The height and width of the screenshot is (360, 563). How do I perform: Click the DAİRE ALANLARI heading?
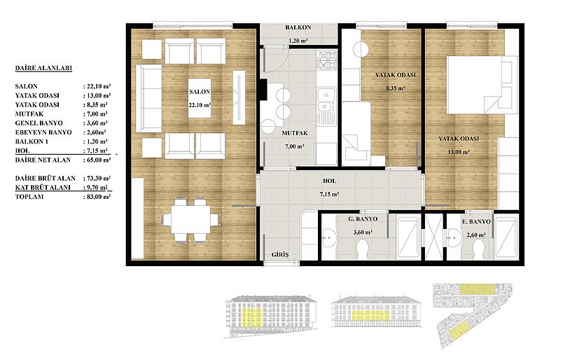pyautogui.click(x=43, y=68)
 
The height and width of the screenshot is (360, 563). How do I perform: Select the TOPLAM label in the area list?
pyautogui.click(x=29, y=197)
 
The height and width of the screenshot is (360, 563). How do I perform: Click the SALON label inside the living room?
pyautogui.click(x=200, y=92)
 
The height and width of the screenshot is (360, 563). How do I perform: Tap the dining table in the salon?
pyautogui.click(x=190, y=219)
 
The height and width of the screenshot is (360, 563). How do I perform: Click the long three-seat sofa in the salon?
pyautogui.click(x=149, y=99)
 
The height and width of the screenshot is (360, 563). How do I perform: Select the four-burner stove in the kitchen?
pyautogui.click(x=326, y=60)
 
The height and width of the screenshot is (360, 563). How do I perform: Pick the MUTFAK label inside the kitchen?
pyautogui.click(x=294, y=133)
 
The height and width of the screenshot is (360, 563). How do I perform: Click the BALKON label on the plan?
pyautogui.click(x=298, y=27)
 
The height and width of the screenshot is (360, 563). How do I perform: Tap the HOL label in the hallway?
pyautogui.click(x=330, y=181)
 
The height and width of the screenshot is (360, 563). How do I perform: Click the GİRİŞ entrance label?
pyautogui.click(x=280, y=254)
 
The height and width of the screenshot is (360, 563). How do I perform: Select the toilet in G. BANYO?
pyautogui.click(x=363, y=249)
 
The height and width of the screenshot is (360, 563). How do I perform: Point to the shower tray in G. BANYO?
pyautogui.click(x=409, y=237)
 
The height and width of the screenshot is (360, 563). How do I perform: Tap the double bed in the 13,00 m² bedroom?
pyautogui.click(x=480, y=85)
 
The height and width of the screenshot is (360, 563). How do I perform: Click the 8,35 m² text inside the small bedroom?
pyautogui.click(x=396, y=88)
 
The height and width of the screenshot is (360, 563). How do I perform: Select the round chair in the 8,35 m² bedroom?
pyautogui.click(x=361, y=49)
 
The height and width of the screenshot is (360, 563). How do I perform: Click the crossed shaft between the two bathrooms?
pyautogui.click(x=433, y=237)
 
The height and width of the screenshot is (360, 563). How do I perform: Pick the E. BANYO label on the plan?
pyautogui.click(x=475, y=222)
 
